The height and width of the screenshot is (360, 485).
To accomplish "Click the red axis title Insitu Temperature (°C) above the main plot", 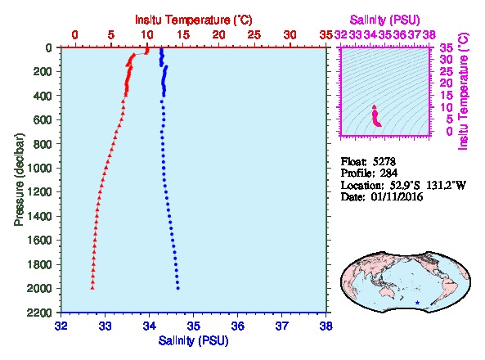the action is (194, 20).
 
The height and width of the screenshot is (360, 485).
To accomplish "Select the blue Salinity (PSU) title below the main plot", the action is (193, 340).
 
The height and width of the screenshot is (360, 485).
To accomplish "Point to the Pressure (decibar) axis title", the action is (19, 180).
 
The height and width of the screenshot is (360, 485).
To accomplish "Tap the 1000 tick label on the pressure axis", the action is (40, 168).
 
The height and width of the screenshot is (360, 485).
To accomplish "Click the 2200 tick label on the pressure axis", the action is (40, 313).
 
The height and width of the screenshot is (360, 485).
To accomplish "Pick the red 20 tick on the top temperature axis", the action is (219, 35).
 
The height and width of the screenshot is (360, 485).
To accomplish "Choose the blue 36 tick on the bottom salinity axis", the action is (237, 326).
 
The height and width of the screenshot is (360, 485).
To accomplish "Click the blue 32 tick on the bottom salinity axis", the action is (61, 326).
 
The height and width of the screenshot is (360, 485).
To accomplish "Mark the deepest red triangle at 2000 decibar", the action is (92, 288).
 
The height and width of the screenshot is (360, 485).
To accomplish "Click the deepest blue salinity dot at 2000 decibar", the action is (177, 288).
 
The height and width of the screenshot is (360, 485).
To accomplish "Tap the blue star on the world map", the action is (418, 303).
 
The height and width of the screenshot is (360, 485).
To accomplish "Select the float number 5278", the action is (384, 161).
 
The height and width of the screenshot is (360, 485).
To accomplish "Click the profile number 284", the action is (388, 173).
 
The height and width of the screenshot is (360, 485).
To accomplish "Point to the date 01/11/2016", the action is (397, 197).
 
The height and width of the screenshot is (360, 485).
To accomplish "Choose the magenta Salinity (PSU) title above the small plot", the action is (384, 20).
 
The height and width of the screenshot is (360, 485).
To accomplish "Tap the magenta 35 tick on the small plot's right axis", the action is (447, 47).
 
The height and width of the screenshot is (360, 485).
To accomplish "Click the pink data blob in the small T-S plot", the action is (376, 116).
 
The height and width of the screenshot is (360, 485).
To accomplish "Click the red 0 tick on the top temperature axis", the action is (75, 35).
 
